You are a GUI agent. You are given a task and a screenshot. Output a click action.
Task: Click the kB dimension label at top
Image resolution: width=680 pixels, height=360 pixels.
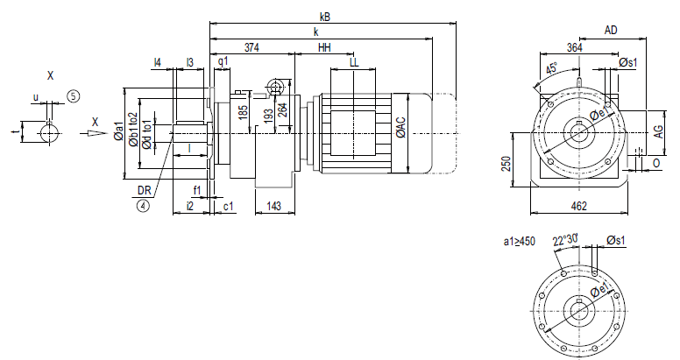[325, 16]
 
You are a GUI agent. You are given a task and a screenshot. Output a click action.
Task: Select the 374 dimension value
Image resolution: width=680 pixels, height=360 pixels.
[251, 47]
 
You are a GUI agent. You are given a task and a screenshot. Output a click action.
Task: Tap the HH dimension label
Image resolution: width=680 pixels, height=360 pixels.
[324, 47]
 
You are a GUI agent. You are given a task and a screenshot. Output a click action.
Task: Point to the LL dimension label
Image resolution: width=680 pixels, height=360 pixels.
[354, 62]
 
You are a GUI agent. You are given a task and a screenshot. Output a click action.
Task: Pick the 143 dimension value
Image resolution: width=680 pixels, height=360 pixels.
[273, 206]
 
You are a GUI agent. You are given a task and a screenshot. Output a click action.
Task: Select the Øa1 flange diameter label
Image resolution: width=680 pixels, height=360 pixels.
[119, 131]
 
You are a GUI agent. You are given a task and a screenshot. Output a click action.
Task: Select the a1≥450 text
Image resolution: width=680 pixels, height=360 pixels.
[519, 240]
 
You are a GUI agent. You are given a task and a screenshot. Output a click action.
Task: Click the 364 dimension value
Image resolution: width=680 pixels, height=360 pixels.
[574, 47]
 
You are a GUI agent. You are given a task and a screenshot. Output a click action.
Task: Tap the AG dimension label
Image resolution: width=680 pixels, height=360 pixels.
[656, 131]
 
